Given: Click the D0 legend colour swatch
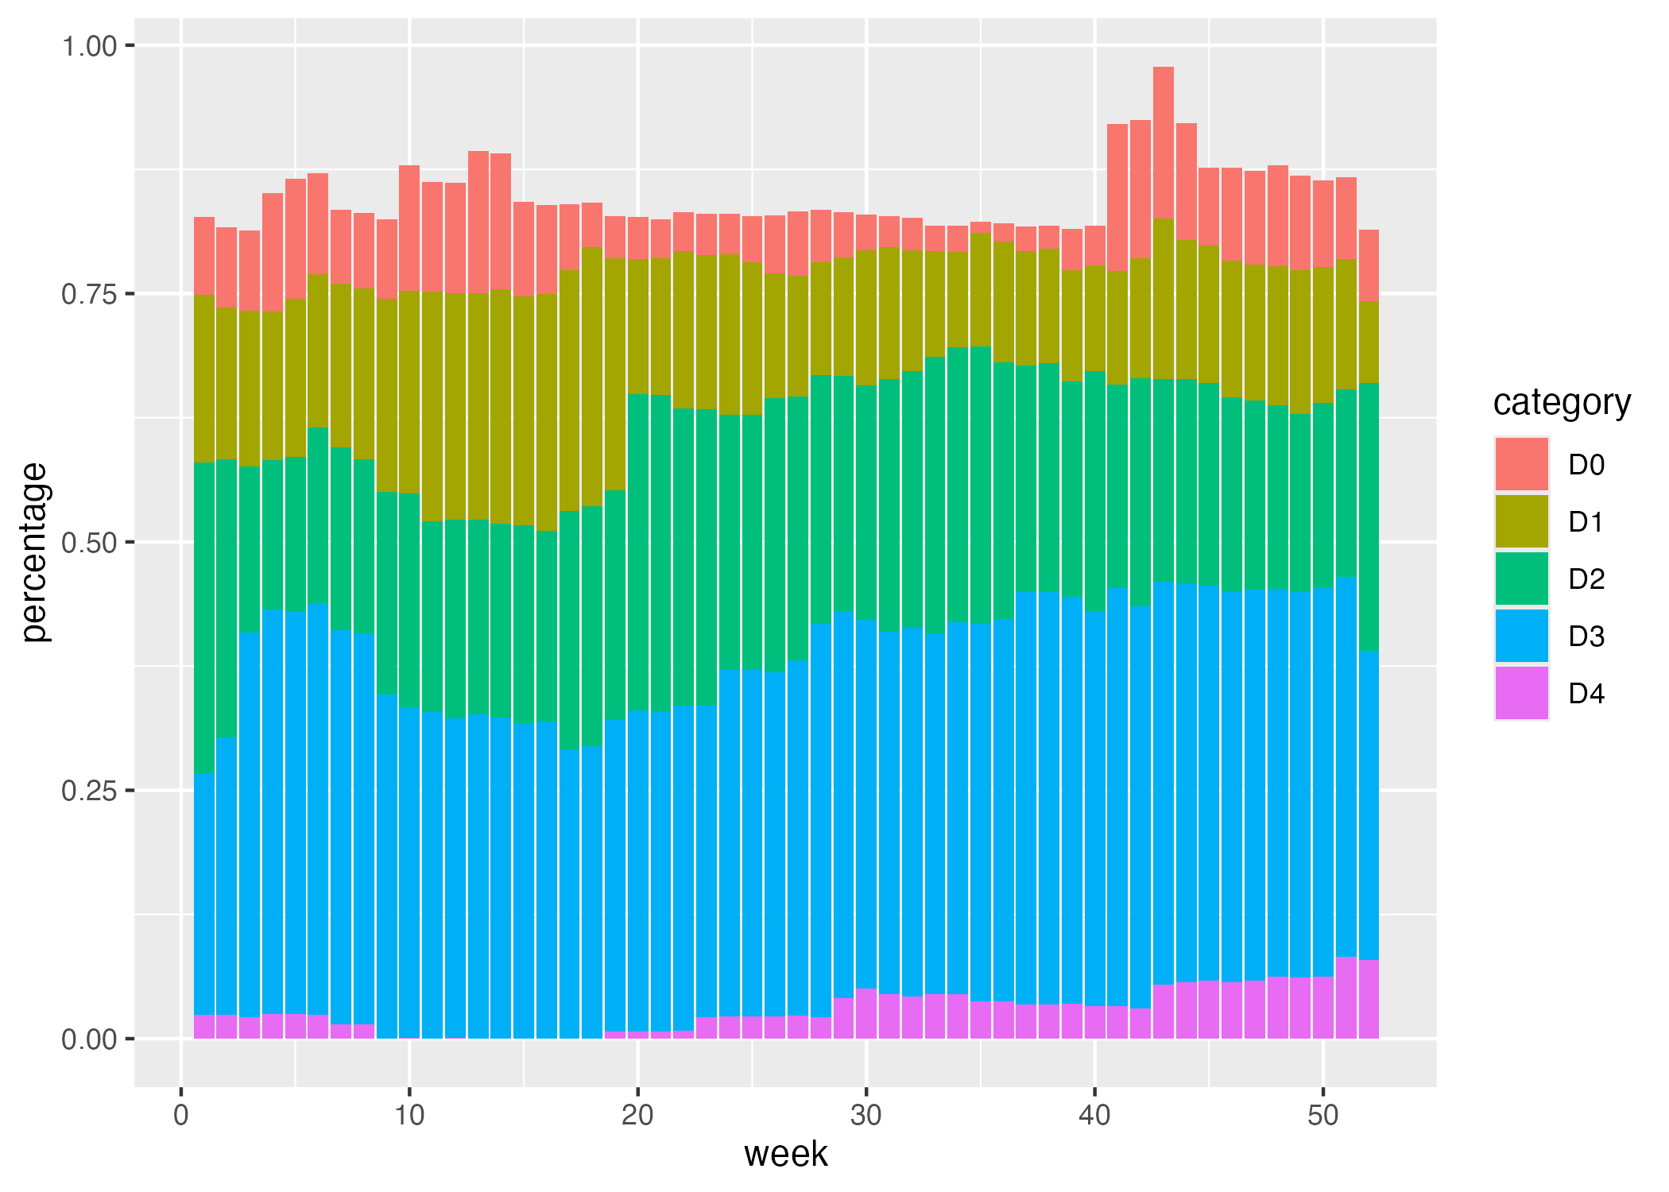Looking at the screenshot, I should tap(1521, 463).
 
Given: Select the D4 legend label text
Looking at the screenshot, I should tap(1586, 694).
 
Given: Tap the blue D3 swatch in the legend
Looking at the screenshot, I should tap(1521, 636).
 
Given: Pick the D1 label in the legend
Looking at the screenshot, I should tap(1586, 522).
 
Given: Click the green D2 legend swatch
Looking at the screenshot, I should tap(1521, 579).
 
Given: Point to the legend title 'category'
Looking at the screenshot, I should tap(1562, 402).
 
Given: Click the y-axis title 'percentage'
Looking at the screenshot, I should tap(34, 552).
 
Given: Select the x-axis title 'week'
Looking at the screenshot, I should tap(785, 1154).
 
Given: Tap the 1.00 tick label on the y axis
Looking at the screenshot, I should tap(89, 46).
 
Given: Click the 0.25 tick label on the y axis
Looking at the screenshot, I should tap(89, 791).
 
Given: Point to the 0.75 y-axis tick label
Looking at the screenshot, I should tap(89, 295).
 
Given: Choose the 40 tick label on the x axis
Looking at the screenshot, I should tap(1094, 1116).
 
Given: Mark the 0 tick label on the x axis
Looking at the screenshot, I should tap(181, 1116).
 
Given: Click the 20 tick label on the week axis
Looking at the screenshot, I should tap(637, 1116).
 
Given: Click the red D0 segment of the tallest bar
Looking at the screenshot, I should tap(1164, 143).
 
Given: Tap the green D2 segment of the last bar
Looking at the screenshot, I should tap(1369, 517).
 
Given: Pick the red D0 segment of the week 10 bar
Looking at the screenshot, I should tap(409, 228).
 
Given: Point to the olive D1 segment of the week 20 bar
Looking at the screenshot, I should tap(637, 326).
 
